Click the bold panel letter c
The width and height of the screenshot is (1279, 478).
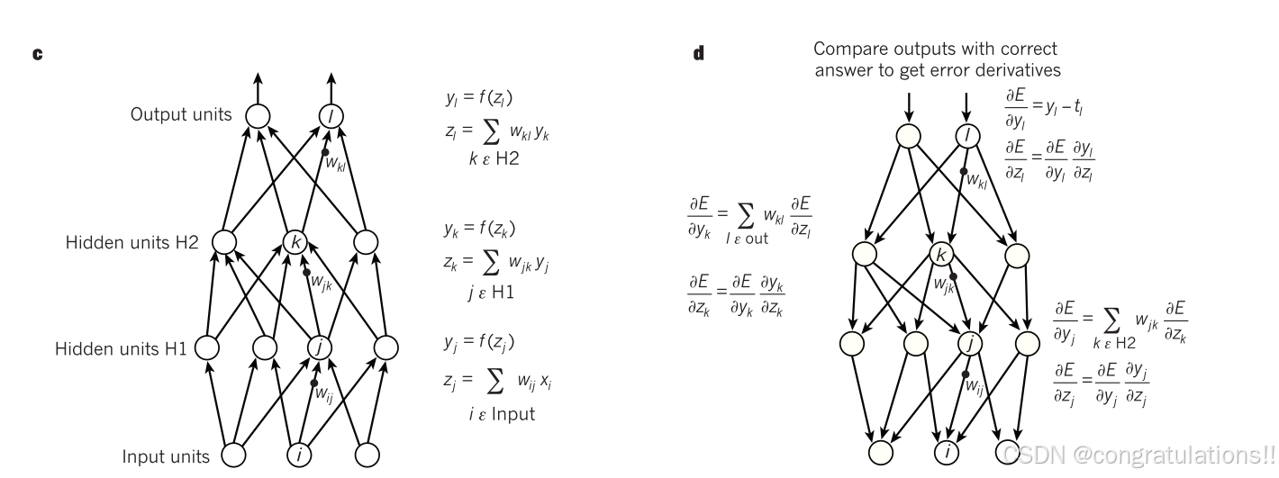38,55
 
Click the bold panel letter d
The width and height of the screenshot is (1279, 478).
698,55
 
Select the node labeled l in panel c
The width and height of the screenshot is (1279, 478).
331,115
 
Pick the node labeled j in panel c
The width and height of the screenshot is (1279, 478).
320,347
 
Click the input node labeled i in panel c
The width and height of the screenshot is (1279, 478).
298,455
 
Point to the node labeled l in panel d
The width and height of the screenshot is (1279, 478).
967,136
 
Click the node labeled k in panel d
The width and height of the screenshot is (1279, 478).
941,255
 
